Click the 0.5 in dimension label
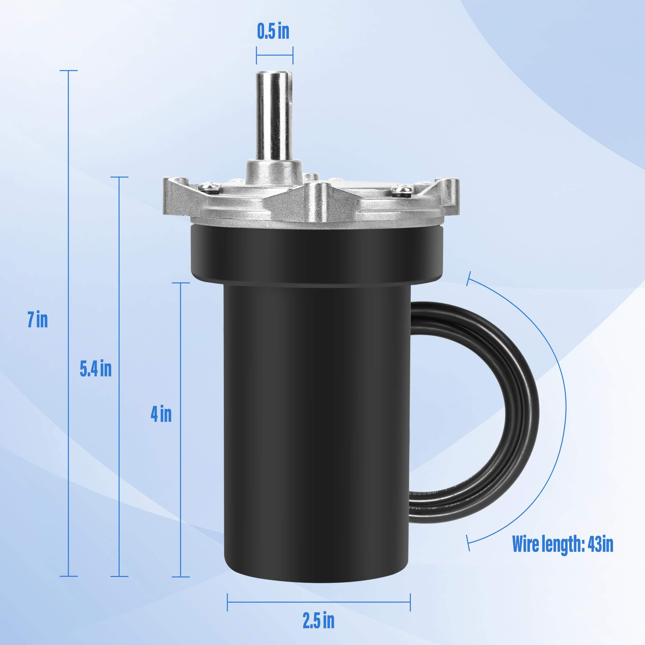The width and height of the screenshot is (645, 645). click(273, 32)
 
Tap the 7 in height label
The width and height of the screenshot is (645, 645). click(37, 320)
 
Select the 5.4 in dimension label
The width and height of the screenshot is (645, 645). click(95, 369)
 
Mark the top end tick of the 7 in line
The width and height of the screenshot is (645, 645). click(68, 71)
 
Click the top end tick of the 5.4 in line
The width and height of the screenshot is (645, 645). click(119, 177)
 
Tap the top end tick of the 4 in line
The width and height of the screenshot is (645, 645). click(181, 283)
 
